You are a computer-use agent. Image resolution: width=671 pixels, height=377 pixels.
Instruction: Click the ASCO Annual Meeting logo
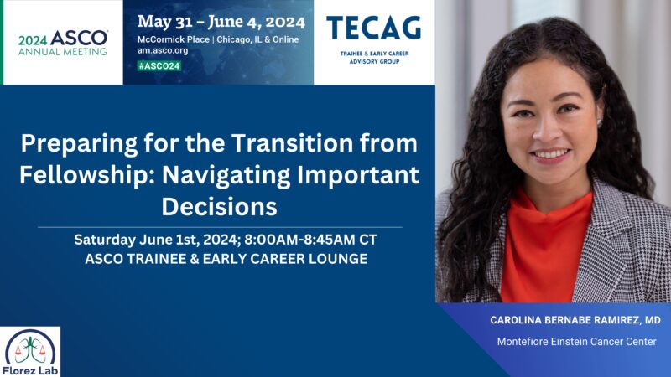[62, 43]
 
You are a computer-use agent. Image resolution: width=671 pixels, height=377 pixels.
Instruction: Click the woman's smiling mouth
[551, 155]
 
